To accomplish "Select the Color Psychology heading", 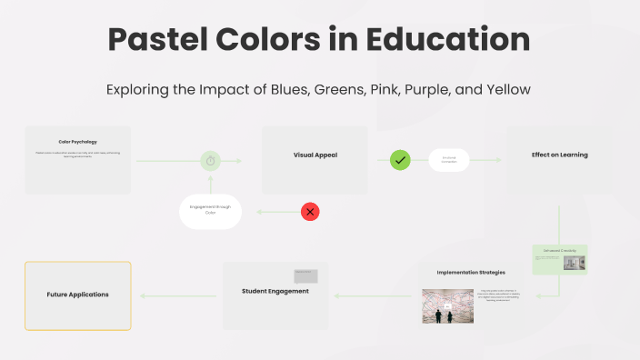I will click(77, 142).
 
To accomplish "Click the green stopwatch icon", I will click(211, 161).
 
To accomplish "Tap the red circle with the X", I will click(310, 212).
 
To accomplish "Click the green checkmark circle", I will click(400, 160).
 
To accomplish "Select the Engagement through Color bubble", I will click(210, 211).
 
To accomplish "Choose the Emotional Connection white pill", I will click(449, 160).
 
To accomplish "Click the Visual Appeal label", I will click(315, 155).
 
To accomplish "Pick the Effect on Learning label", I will click(559, 155).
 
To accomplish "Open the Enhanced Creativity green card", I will click(560, 259).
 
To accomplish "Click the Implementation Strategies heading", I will click(471, 272).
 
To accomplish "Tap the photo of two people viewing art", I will click(448, 306).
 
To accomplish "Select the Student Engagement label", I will click(275, 291).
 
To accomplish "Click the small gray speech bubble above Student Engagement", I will click(305, 275).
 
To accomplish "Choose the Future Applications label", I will click(77, 295).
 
